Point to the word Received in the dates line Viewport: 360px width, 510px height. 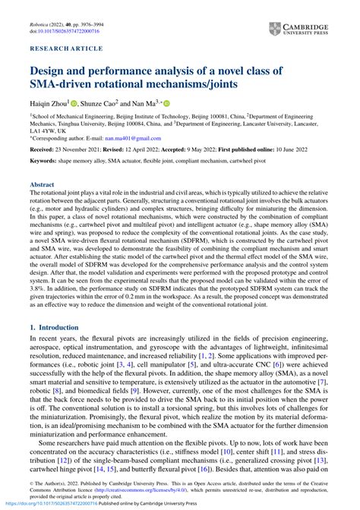point(43,150)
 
